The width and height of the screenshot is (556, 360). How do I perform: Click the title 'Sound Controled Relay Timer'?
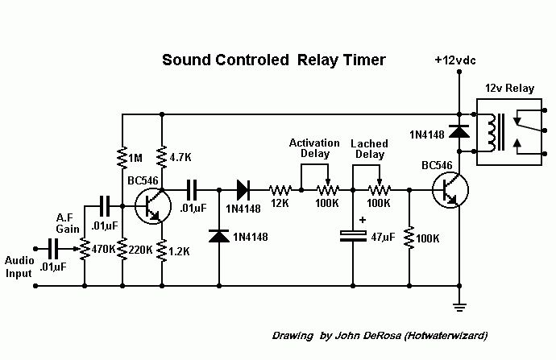pyautogui.click(x=274, y=60)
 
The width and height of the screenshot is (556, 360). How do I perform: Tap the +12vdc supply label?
pyautogui.click(x=455, y=60)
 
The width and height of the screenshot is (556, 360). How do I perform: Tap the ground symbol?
pyautogui.click(x=458, y=305)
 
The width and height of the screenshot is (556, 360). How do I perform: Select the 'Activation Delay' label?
pyautogui.click(x=314, y=148)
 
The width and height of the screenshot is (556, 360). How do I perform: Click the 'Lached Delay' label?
pyautogui.click(x=369, y=149)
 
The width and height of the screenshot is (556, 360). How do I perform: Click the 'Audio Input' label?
pyautogui.click(x=19, y=267)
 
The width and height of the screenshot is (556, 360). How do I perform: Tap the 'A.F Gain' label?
pyautogui.click(x=67, y=222)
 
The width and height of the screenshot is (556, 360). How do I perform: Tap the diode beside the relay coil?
pyautogui.click(x=458, y=131)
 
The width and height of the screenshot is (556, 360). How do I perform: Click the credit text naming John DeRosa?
pyautogui.click(x=380, y=334)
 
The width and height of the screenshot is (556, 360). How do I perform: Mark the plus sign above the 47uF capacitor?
pyautogui.click(x=363, y=219)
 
